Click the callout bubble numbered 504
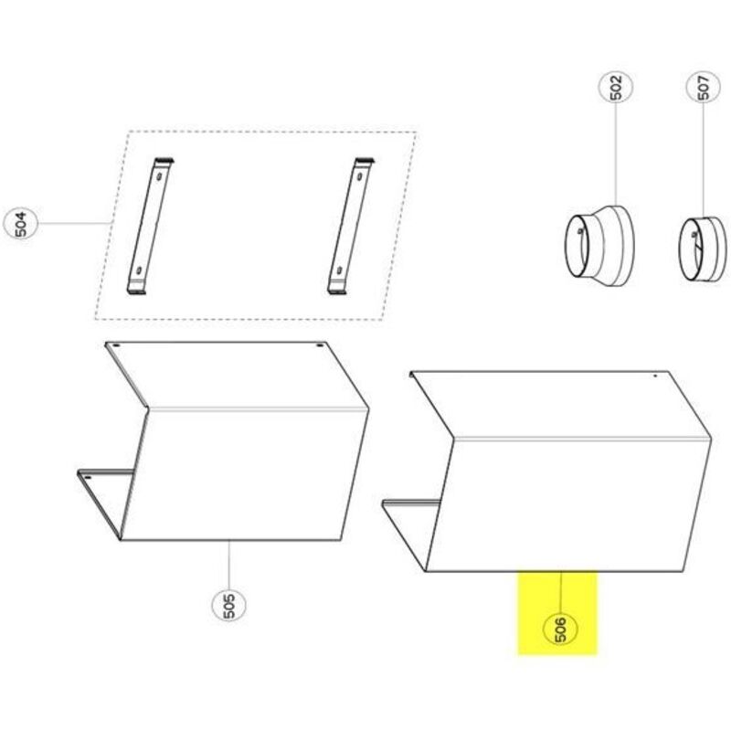tap(20, 223)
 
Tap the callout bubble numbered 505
tap(228, 604)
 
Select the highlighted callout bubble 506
tap(561, 628)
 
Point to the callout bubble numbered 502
tap(615, 87)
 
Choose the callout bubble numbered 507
tap(704, 87)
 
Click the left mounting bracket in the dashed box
tap(150, 226)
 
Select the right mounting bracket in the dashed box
tap(351, 226)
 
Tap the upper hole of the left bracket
tap(160, 176)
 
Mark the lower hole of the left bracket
tap(139, 270)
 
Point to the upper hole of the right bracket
tap(359, 176)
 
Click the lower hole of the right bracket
tap(339, 270)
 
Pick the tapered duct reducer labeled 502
tap(599, 246)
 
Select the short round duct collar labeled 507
tap(702, 249)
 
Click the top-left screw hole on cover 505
tap(117, 345)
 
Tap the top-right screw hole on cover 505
tap(319, 345)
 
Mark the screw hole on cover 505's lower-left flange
tap(88, 477)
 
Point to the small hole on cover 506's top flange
tap(654, 376)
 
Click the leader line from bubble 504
tap(74, 223)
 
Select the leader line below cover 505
tap(229, 564)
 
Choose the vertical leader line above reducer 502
tap(615, 154)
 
